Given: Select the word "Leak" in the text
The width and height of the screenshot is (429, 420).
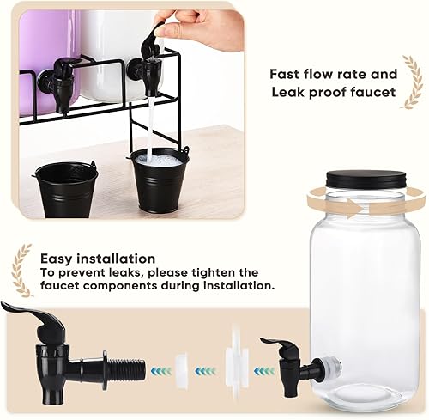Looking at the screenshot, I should pos(287,93).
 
